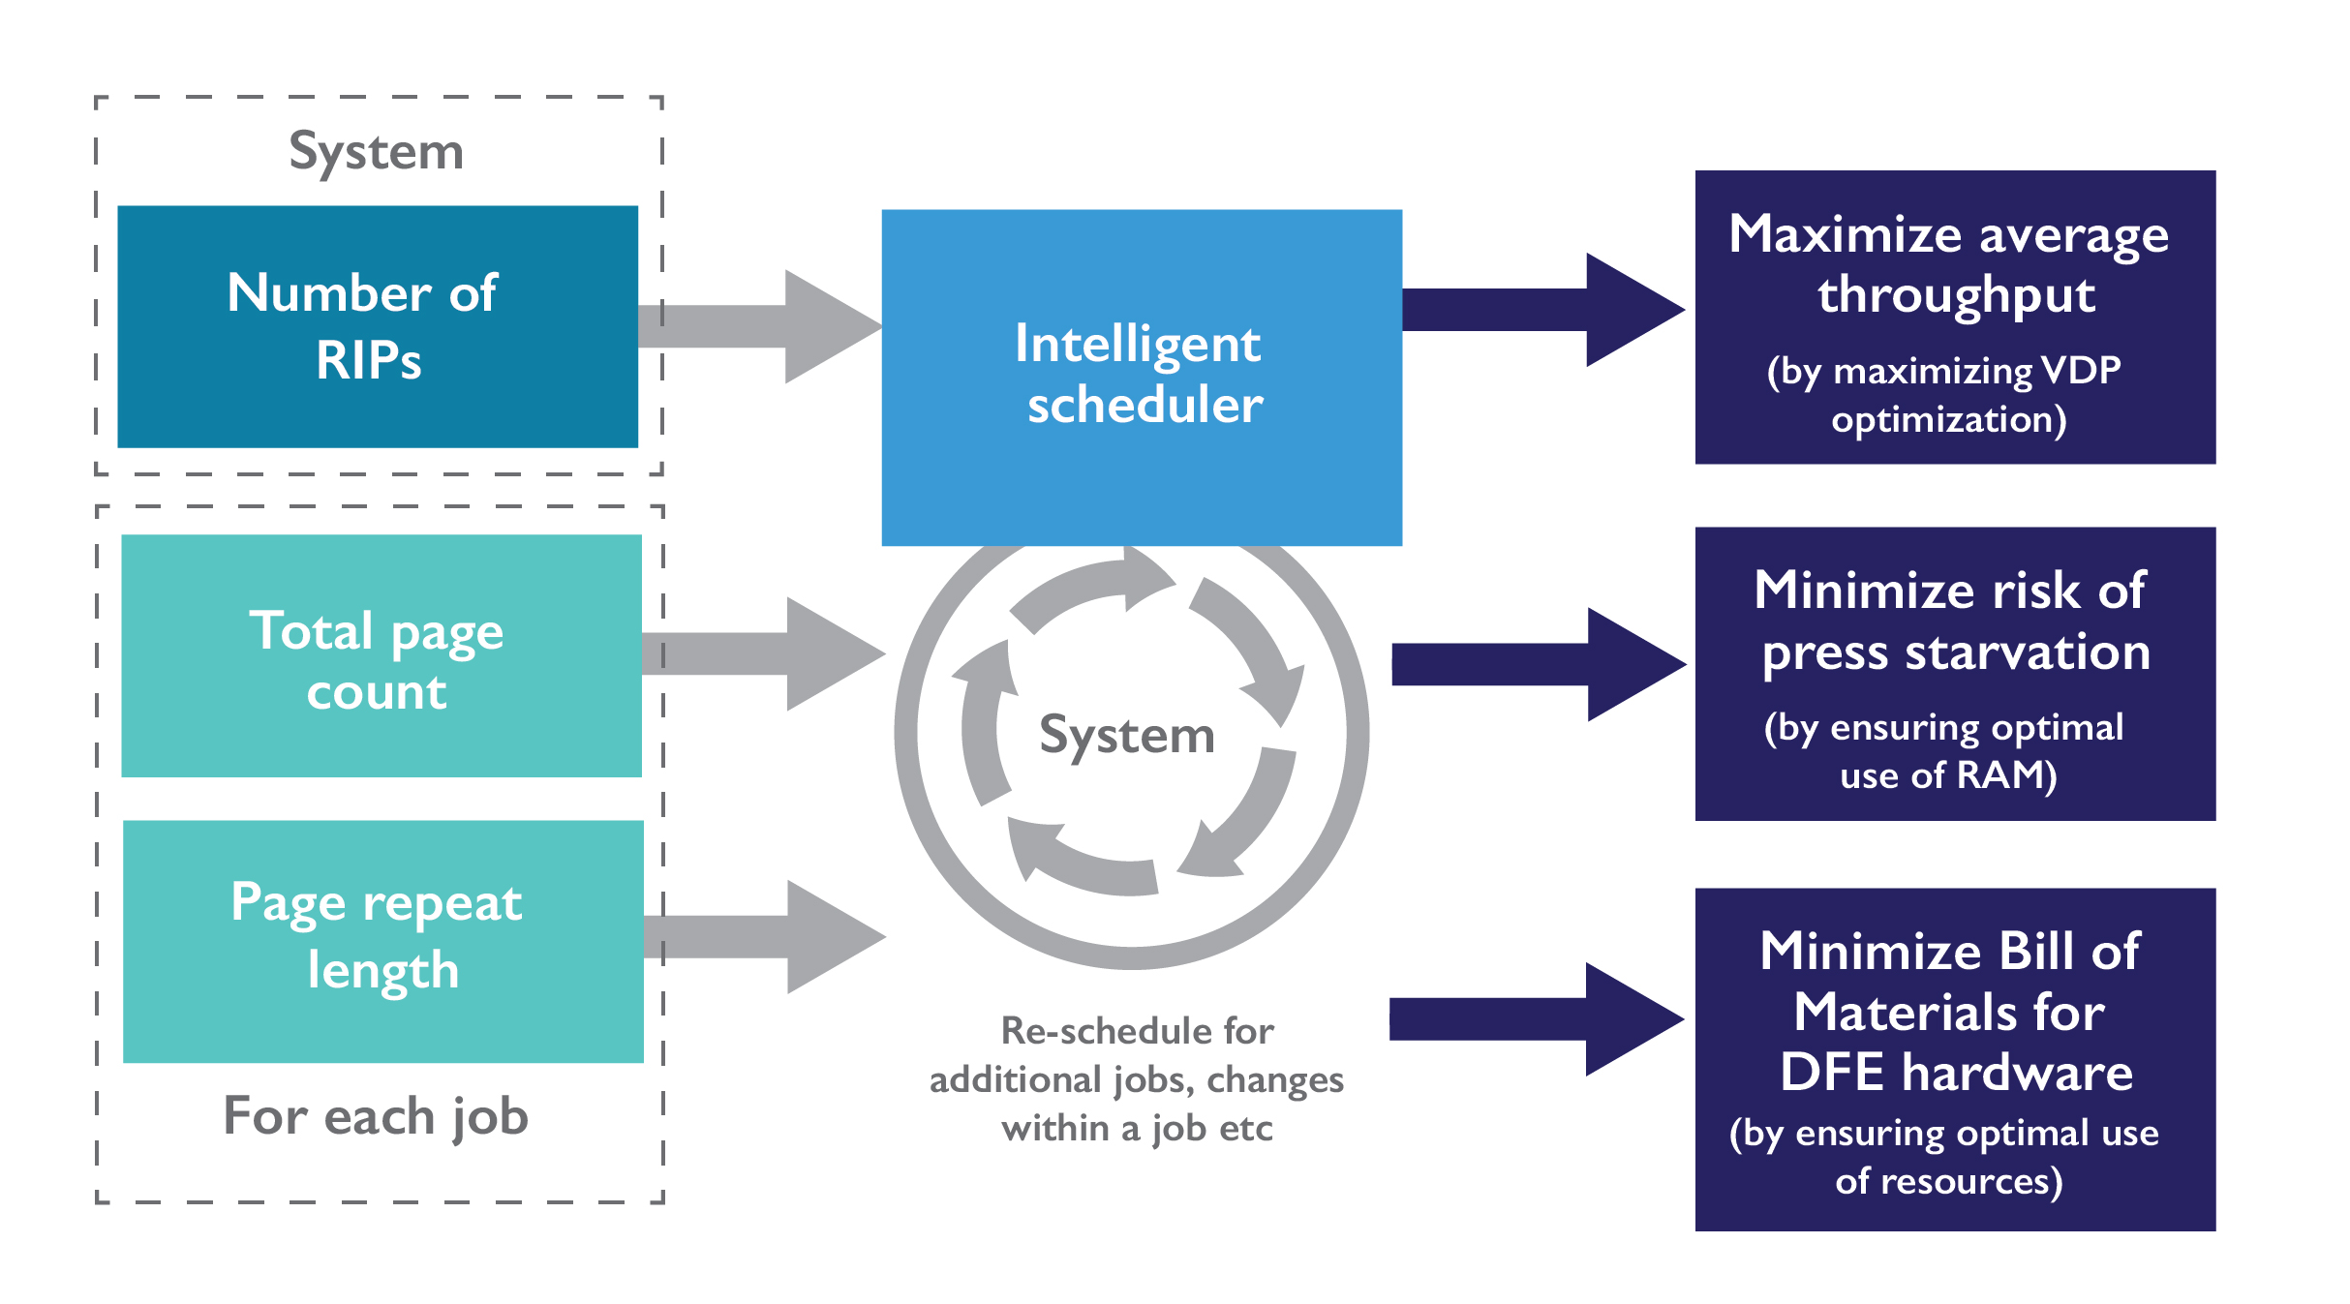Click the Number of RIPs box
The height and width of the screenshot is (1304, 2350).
click(378, 326)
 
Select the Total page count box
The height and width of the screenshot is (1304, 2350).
click(381, 655)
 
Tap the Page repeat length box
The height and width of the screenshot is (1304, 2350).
click(382, 941)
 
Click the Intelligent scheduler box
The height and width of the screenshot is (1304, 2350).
click(1142, 377)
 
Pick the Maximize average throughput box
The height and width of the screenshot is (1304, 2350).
click(1954, 317)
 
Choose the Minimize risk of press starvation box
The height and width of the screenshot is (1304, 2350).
click(1954, 673)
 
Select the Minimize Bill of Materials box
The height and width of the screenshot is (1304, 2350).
click(1954, 1058)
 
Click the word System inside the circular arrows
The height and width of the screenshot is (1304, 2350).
click(1127, 736)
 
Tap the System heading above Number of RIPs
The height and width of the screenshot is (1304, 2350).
click(377, 152)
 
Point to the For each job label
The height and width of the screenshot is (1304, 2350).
click(376, 1116)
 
